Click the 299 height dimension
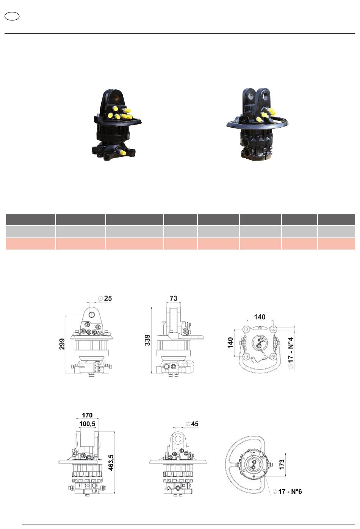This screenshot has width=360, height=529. pos(62,344)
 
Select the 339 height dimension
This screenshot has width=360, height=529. pos(147,340)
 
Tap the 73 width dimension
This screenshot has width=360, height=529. pos(173,298)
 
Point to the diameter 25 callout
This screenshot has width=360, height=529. pos(105,298)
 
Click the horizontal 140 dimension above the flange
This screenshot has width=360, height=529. pos(260,317)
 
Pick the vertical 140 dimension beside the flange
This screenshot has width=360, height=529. pos(230,343)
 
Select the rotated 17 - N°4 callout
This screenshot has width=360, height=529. pos(291,353)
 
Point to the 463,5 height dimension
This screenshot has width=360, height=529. pos(111,462)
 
